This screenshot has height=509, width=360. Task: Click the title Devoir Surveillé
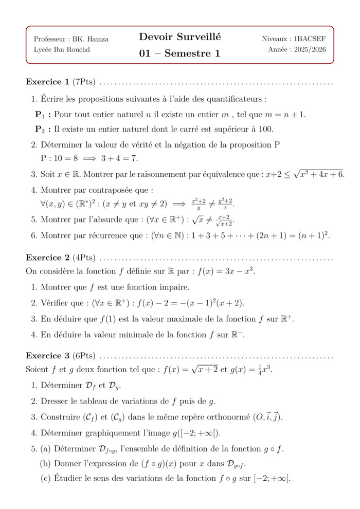click(x=179, y=37)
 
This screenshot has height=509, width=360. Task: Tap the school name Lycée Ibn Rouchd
click(x=61, y=49)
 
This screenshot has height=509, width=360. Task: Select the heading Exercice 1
click(x=47, y=82)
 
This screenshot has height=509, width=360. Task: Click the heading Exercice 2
click(x=47, y=257)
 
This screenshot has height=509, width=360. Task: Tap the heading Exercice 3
click(x=47, y=356)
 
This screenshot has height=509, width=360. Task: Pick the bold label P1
click(x=42, y=115)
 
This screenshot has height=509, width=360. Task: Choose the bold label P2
click(x=42, y=129)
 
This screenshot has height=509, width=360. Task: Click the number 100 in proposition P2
click(x=265, y=129)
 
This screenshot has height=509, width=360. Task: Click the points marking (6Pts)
click(x=84, y=356)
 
